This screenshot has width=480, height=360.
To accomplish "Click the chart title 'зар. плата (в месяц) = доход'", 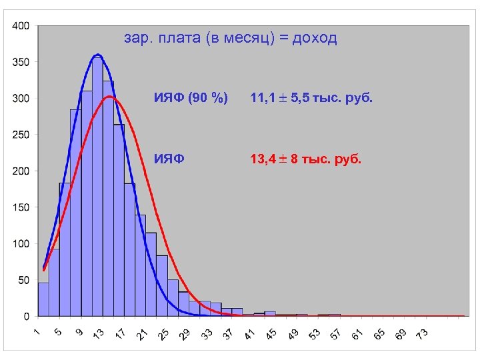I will coord(231,39).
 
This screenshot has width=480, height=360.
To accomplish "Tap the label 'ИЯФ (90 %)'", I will coord(191,99).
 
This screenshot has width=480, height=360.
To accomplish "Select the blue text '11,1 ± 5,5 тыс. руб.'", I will coord(311,99).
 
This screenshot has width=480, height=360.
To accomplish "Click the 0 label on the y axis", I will coord(26,316).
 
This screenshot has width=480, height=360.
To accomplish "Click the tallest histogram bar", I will coord(97,187).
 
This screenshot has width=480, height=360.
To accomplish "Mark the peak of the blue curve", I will coord(97,55).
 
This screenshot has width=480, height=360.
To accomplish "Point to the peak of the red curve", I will coord(111,97).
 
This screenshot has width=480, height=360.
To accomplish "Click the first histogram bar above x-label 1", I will coord(43,299).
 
